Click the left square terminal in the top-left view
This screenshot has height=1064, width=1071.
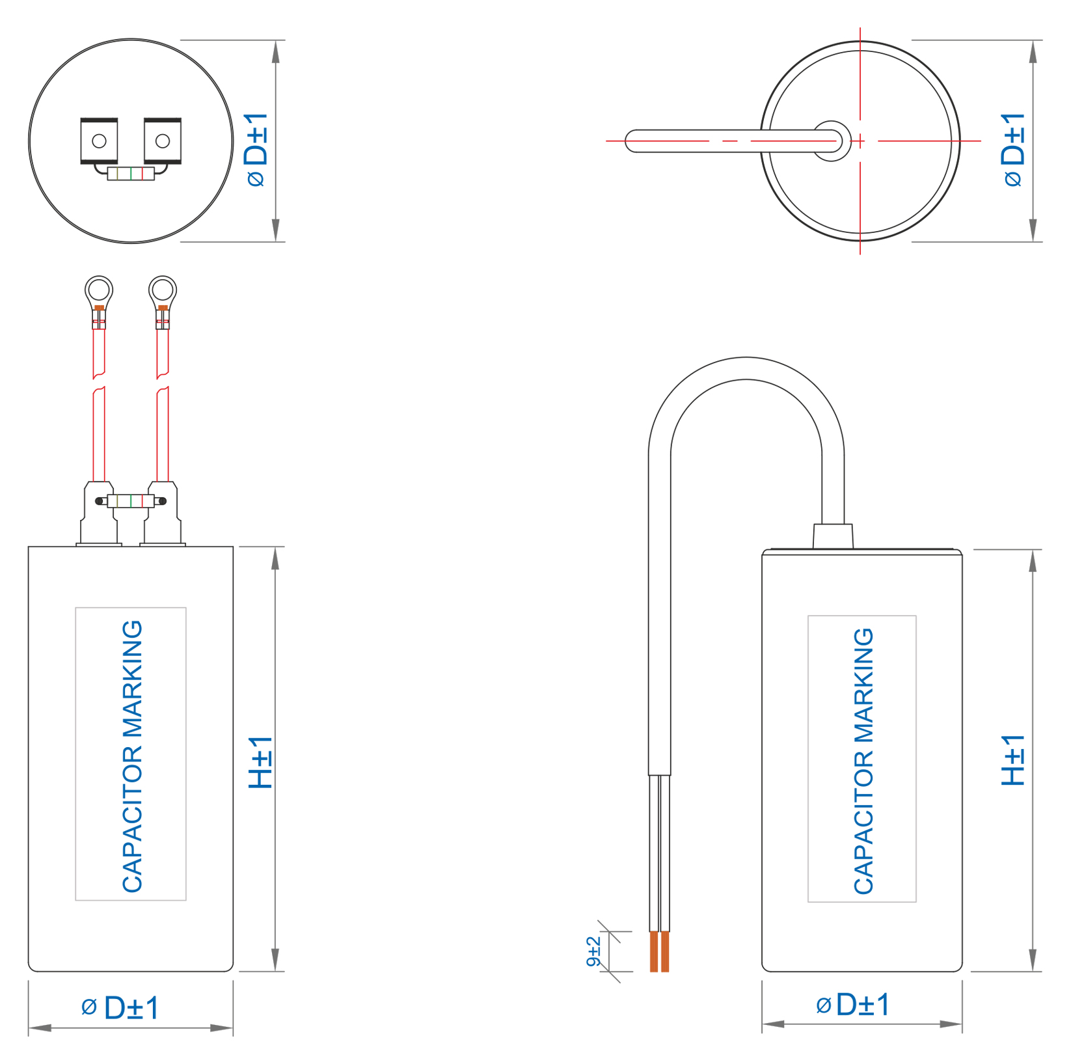pyautogui.click(x=99, y=141)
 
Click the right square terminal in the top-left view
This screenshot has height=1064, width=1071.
pyautogui.click(x=163, y=141)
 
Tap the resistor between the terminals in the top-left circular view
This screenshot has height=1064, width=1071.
pyautogui.click(x=131, y=174)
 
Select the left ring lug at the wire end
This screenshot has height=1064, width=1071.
pyautogui.click(x=99, y=290)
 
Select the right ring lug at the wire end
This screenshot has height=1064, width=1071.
pyautogui.click(x=163, y=290)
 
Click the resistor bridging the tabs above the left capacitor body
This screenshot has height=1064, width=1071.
pyautogui.click(x=131, y=500)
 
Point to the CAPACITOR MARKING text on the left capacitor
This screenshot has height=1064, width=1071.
pyautogui.click(x=132, y=756)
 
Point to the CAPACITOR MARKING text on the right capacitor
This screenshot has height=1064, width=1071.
pyautogui.click(x=863, y=760)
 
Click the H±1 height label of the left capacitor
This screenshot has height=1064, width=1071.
pyautogui.click(x=261, y=762)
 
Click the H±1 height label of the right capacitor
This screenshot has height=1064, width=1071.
pyautogui.click(x=1012, y=760)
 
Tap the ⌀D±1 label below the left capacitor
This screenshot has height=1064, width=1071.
pyautogui.click(x=121, y=1008)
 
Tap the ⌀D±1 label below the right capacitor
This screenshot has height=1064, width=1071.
pyautogui.click(x=853, y=1005)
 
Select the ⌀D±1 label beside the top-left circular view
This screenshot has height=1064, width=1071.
pyautogui.click(x=256, y=149)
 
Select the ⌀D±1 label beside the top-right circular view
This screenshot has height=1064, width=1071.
pyautogui.click(x=1013, y=149)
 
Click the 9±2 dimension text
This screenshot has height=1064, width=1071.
pyautogui.click(x=593, y=951)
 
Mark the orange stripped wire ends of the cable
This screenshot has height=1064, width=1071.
pyautogui.click(x=659, y=951)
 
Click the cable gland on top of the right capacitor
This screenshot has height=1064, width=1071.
pyautogui.click(x=833, y=536)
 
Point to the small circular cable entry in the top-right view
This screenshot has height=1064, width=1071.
pyautogui.click(x=832, y=141)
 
